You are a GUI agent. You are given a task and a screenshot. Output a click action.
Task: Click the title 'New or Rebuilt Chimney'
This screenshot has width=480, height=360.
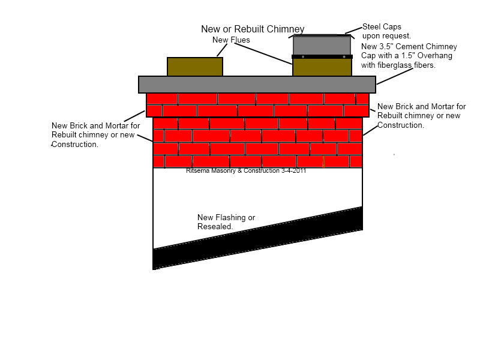(x=253, y=29)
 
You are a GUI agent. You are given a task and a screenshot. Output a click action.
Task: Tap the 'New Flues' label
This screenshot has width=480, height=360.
(x=231, y=40)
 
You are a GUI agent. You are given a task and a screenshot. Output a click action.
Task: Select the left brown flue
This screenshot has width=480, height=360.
(x=195, y=66)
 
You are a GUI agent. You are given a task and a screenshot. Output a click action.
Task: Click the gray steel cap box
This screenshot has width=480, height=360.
(x=322, y=45)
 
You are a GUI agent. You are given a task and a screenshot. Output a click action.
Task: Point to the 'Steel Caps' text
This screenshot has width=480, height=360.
(x=382, y=26)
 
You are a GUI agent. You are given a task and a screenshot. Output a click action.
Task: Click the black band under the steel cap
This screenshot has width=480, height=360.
(x=322, y=57)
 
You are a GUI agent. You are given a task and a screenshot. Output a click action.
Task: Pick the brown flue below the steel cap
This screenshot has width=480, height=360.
(x=322, y=67)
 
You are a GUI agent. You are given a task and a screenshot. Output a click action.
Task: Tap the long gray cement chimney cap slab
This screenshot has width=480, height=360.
(x=257, y=84)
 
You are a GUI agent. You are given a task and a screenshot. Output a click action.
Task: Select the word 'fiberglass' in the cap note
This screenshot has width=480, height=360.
(x=395, y=65)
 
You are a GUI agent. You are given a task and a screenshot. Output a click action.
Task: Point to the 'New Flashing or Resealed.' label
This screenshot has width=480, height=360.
(x=226, y=222)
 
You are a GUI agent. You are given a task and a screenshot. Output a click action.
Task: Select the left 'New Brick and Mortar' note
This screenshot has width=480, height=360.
(x=95, y=135)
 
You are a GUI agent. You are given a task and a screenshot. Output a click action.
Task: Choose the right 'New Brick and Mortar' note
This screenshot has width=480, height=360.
(x=421, y=116)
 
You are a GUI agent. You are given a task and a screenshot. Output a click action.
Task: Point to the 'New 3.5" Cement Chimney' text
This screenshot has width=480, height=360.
(x=409, y=46)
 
